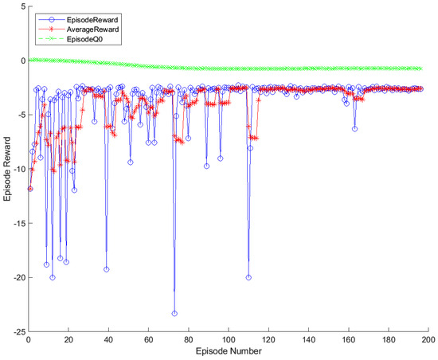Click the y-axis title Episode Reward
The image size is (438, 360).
[x=8, y=168]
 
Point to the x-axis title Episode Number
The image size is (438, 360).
[x=228, y=350]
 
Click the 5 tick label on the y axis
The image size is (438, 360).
[x=21, y=6]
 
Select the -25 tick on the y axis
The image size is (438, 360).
[x=17, y=331]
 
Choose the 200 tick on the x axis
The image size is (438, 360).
[x=428, y=339]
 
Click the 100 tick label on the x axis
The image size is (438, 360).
[x=228, y=339]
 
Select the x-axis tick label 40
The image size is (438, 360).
[x=108, y=339]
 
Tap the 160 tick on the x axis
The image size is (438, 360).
[x=348, y=339]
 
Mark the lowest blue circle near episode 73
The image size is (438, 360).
[x=174, y=314]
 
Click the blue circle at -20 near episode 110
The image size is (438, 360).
[x=248, y=277]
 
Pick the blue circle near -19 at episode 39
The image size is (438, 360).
[x=106, y=269]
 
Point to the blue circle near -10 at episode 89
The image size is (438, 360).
[x=206, y=166]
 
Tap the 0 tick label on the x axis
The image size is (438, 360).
[x=29, y=339]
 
